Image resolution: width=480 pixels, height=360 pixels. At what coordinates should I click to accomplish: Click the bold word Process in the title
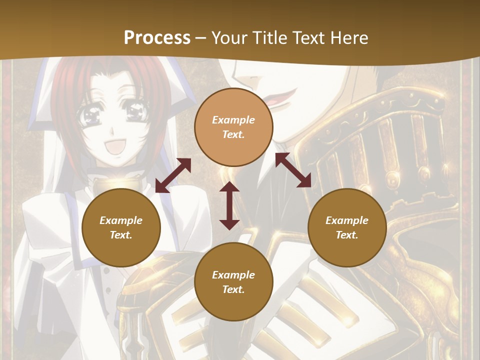tap(157, 38)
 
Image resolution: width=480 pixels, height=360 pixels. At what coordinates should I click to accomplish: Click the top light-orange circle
tap(233, 127)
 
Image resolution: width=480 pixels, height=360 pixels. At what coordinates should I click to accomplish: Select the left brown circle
tap(121, 227)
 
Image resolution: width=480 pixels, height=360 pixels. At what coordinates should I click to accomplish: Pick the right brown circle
tap(347, 227)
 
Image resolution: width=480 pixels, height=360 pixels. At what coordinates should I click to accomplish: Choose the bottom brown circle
tap(233, 282)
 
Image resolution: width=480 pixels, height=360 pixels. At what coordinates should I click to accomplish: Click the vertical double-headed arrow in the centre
tap(229, 205)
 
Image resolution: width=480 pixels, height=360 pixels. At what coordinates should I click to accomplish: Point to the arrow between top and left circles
tap(173, 175)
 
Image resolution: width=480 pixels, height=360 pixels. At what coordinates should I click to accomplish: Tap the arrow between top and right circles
tap(293, 170)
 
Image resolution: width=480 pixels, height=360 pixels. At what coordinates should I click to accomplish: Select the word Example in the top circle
tap(233, 120)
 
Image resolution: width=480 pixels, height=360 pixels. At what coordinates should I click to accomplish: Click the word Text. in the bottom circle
tap(233, 289)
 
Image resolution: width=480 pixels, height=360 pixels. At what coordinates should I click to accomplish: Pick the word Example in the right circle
tap(347, 220)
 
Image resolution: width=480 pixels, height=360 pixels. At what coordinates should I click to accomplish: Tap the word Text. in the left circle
tap(121, 235)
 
